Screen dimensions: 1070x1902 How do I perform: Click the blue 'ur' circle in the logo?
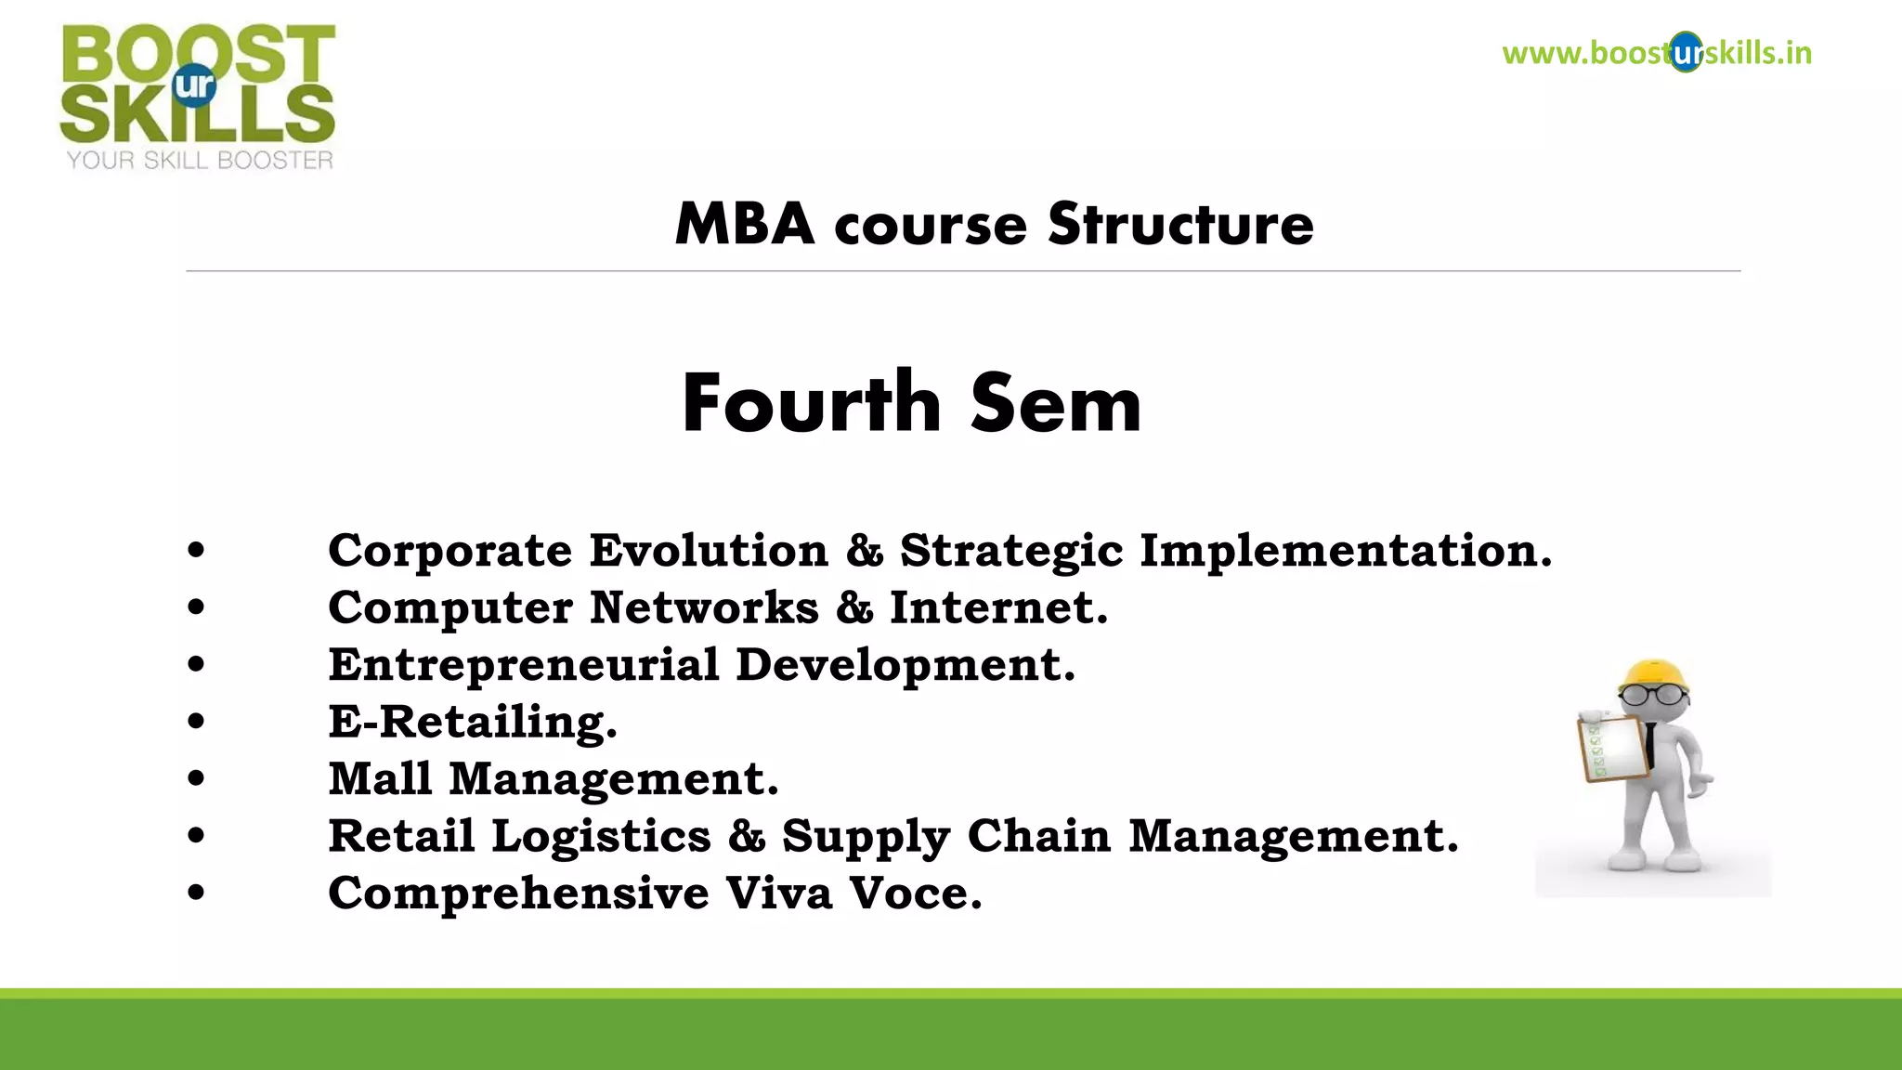coord(194,85)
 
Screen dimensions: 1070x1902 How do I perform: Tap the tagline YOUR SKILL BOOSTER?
coord(200,161)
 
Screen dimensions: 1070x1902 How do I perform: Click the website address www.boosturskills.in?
coord(1656,53)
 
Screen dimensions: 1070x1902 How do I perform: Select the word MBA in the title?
coord(744,225)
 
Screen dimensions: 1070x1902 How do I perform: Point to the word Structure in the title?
coord(1180,225)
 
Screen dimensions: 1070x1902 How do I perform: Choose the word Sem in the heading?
coord(1055,403)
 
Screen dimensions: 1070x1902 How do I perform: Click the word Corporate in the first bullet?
coord(450,551)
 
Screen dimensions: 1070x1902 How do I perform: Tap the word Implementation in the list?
coord(1345,551)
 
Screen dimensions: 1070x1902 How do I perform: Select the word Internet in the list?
coord(998,607)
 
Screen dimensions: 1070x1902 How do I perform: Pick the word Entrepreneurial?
coord(524,665)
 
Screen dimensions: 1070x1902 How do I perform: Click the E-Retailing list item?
coord(473,722)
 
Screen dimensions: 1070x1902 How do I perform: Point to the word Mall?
coord(381,778)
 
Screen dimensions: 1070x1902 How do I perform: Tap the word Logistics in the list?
coord(601,836)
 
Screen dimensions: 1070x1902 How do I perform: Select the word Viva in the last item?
coord(779,893)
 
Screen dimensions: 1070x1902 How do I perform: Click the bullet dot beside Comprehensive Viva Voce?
coord(196,893)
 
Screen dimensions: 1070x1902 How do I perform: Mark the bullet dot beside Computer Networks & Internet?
coord(196,607)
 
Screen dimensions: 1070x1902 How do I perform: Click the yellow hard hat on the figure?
coord(1655,675)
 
